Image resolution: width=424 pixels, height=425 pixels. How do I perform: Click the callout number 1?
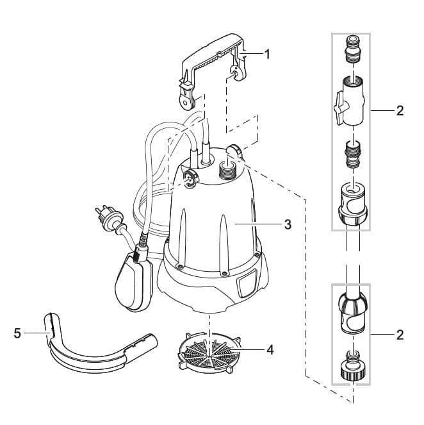click(267, 54)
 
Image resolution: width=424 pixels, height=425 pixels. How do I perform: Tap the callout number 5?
click(17, 333)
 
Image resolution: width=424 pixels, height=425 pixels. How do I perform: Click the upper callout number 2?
click(400, 111)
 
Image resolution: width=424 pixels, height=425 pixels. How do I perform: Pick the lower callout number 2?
click(400, 334)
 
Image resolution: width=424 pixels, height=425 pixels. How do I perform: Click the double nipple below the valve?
click(352, 154)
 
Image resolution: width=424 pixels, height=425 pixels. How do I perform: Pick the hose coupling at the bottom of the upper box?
click(352, 205)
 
